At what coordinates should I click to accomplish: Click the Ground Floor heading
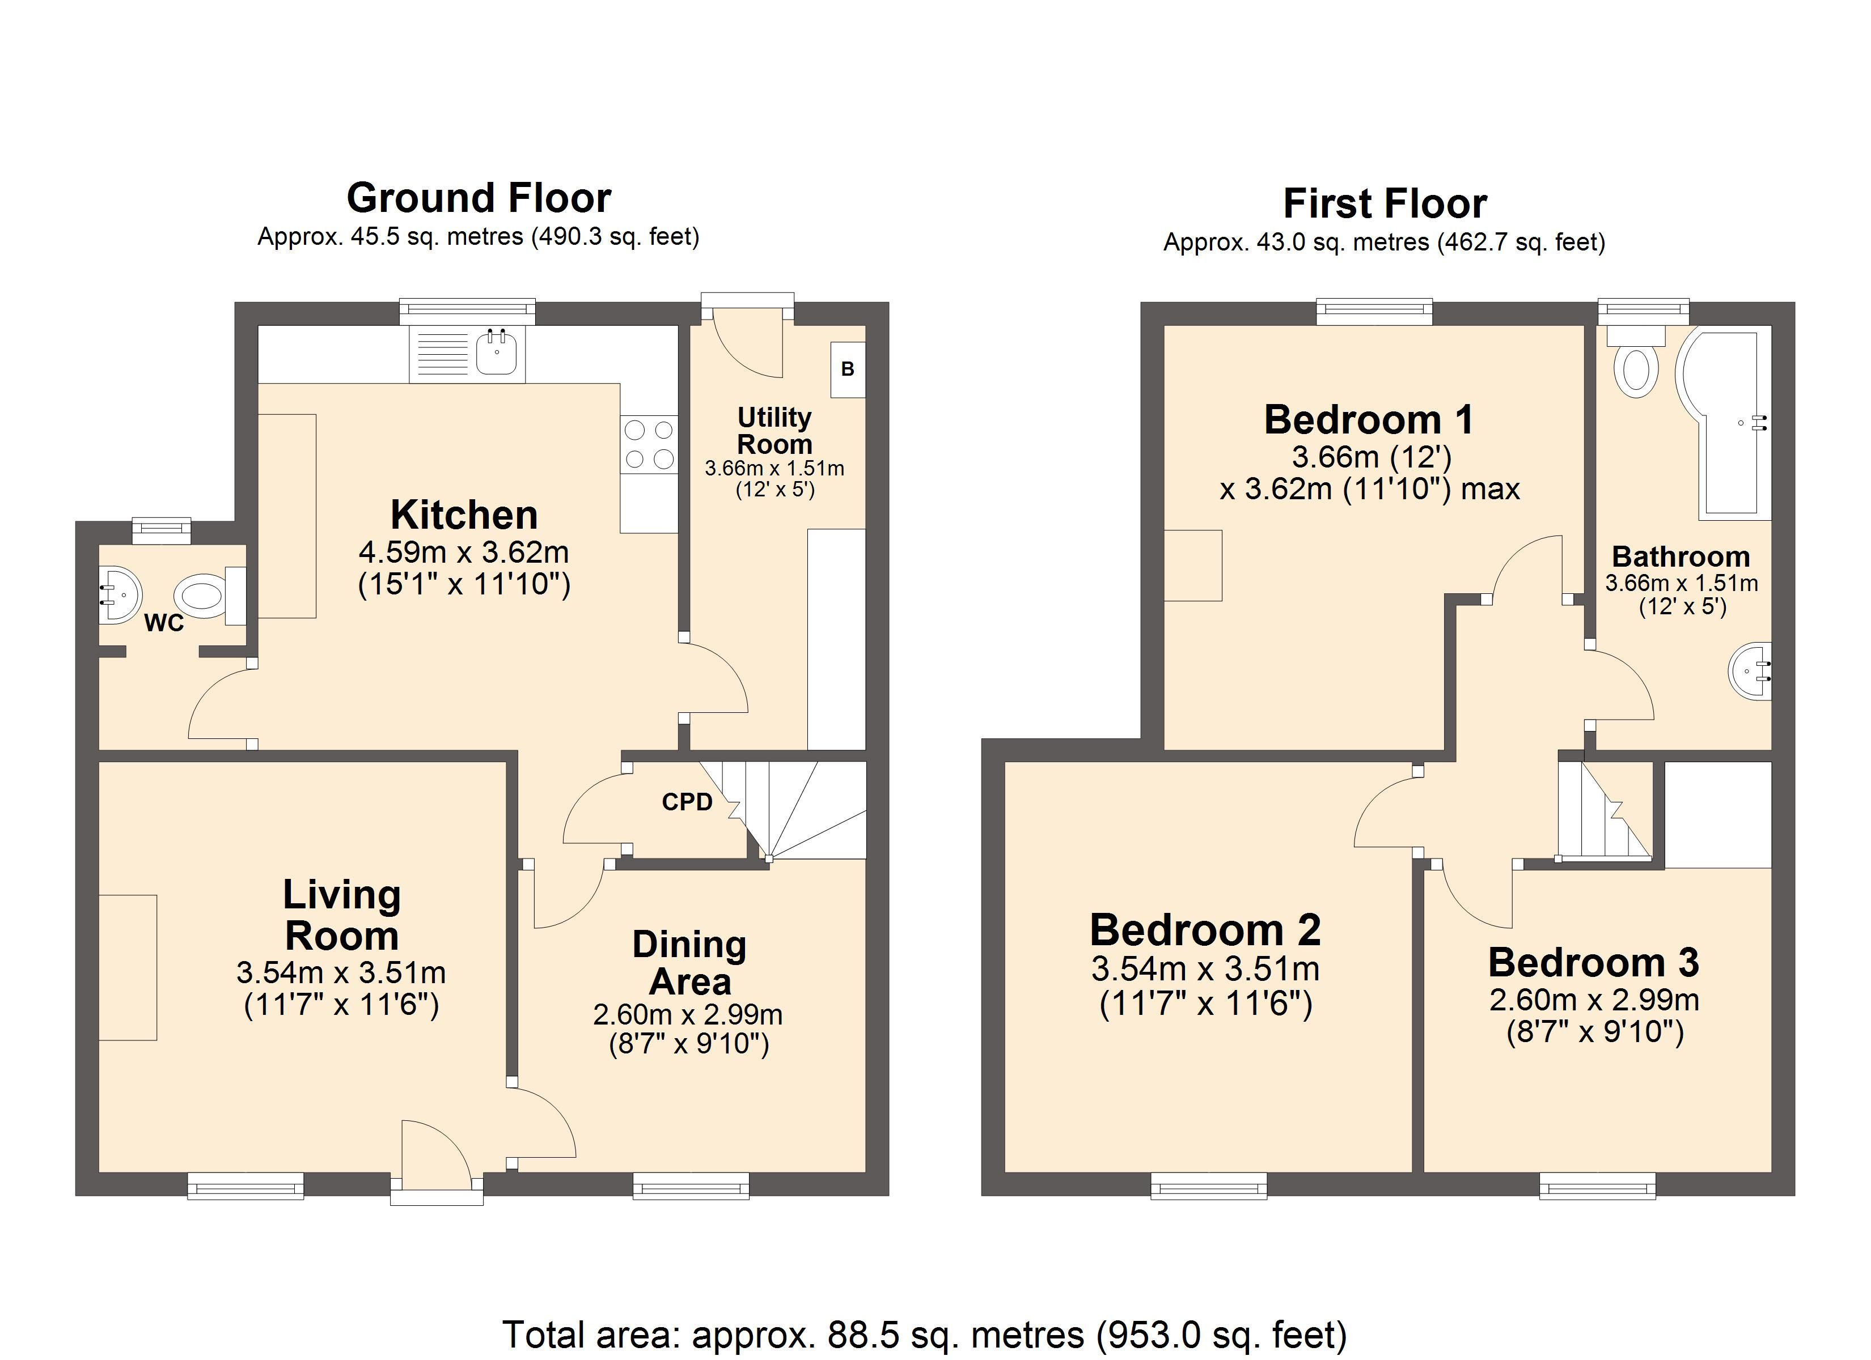coord(479,198)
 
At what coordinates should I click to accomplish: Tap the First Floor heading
coord(1385,203)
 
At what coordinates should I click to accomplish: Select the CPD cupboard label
coord(687,802)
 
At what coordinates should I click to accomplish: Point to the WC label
coord(164,623)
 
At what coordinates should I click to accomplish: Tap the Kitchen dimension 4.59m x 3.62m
coord(464,552)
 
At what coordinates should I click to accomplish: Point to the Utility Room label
coord(774,431)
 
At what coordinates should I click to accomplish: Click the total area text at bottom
coord(925,1333)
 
